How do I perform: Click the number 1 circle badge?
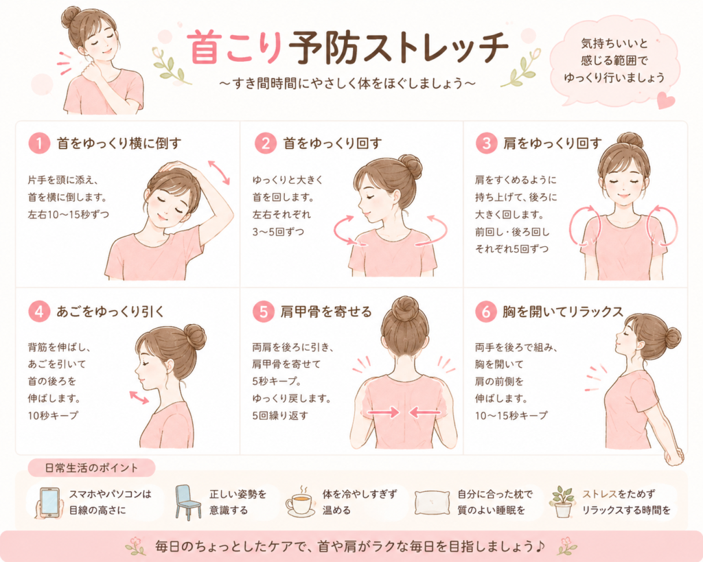[x=39, y=144]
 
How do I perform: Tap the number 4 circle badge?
[x=39, y=312]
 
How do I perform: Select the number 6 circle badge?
[x=486, y=312]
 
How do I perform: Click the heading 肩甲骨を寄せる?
[x=326, y=312]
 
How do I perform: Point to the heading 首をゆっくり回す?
[x=332, y=143]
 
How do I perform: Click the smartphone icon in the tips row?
[x=49, y=502]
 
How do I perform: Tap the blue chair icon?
[x=188, y=502]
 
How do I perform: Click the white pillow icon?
[x=433, y=502]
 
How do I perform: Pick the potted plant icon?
[x=563, y=502]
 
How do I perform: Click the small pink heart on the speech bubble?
[x=665, y=100]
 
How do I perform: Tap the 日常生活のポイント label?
[x=91, y=468]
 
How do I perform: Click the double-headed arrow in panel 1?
[x=219, y=172]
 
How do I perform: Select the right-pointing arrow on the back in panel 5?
[x=383, y=412]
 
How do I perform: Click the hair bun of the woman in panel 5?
[x=405, y=309]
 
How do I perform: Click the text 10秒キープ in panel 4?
[x=53, y=415]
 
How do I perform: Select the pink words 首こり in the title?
[x=235, y=47]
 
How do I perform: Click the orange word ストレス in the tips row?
[x=600, y=494]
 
